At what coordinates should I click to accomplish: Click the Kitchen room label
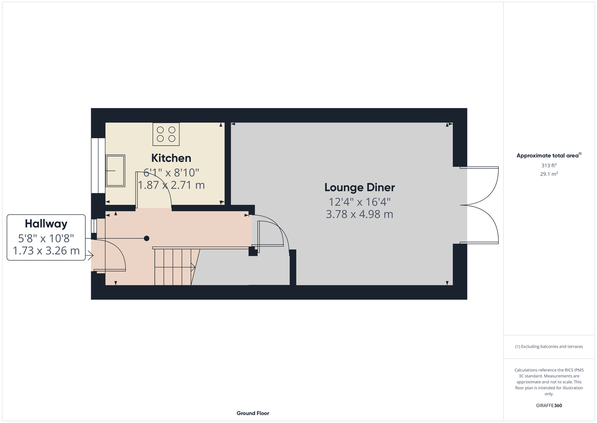[171, 158]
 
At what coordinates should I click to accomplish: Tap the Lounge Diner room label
[360, 187]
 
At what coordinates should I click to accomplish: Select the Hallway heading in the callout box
[46, 224]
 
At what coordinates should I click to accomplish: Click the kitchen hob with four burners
[166, 134]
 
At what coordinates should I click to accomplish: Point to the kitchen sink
[115, 170]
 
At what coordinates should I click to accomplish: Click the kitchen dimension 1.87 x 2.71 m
[172, 185]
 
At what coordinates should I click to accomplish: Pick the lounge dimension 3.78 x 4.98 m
[360, 214]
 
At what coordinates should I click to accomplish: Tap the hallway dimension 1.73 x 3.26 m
[46, 250]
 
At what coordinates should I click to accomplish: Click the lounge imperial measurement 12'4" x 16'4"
[360, 202]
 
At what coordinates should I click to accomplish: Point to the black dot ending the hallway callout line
[147, 238]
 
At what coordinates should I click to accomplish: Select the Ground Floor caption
[253, 413]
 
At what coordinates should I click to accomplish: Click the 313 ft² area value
[549, 165]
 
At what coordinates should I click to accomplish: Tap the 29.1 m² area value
[549, 174]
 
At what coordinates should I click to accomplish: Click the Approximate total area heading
[549, 156]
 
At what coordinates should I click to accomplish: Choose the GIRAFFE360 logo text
[549, 405]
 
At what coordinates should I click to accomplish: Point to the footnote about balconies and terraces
[549, 346]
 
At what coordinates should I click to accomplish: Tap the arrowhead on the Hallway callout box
[90, 255]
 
